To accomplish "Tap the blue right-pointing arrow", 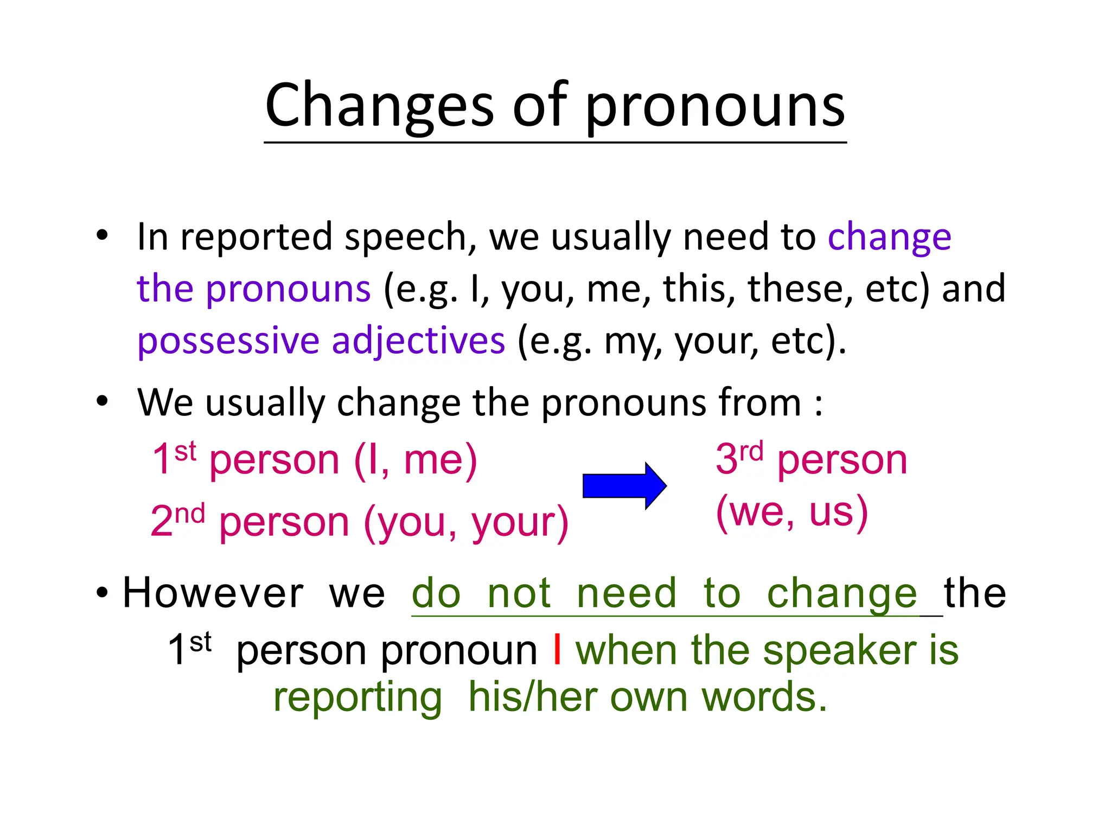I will [x=624, y=485].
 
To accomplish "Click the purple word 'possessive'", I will [x=228, y=342].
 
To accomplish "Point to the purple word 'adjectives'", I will [x=418, y=342].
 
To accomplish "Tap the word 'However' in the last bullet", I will [x=213, y=593].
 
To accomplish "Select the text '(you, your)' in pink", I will [x=466, y=522].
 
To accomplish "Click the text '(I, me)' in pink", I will [x=416, y=460].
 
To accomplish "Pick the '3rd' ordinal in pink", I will [x=739, y=458].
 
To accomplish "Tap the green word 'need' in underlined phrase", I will [x=627, y=593].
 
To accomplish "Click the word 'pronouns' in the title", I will [x=715, y=106].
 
